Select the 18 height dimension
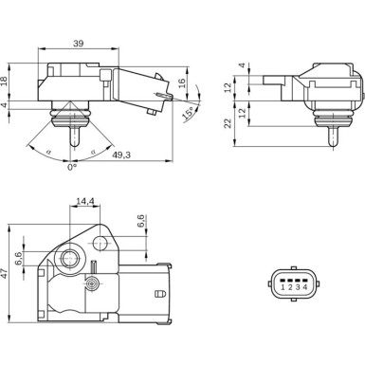8,82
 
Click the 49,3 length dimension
121,154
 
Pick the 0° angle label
71,168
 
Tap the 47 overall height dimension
8,273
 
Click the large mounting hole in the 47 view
69,259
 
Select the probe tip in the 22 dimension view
331,137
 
